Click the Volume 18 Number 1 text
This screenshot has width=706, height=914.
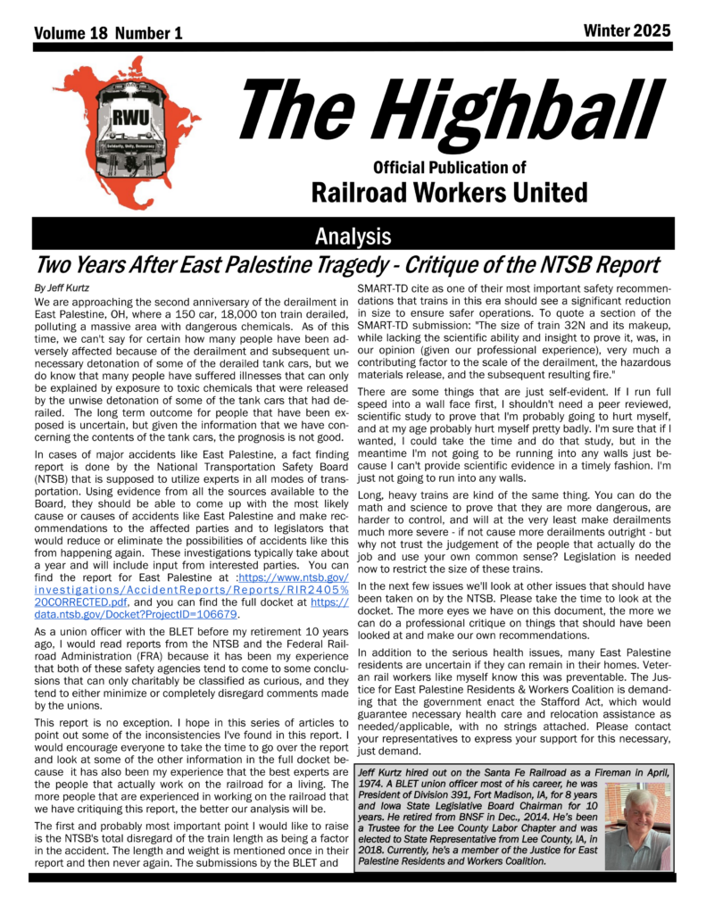point(108,33)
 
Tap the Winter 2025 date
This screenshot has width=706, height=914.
point(626,31)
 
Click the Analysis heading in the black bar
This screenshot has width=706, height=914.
point(353,236)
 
